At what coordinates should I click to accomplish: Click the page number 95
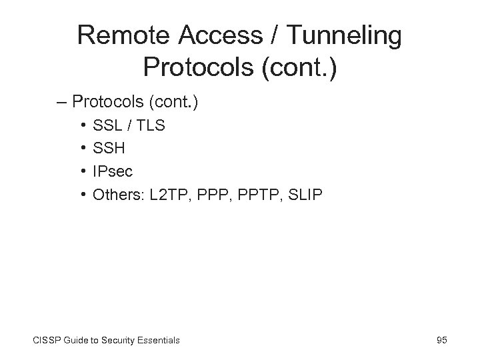pos(441,340)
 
